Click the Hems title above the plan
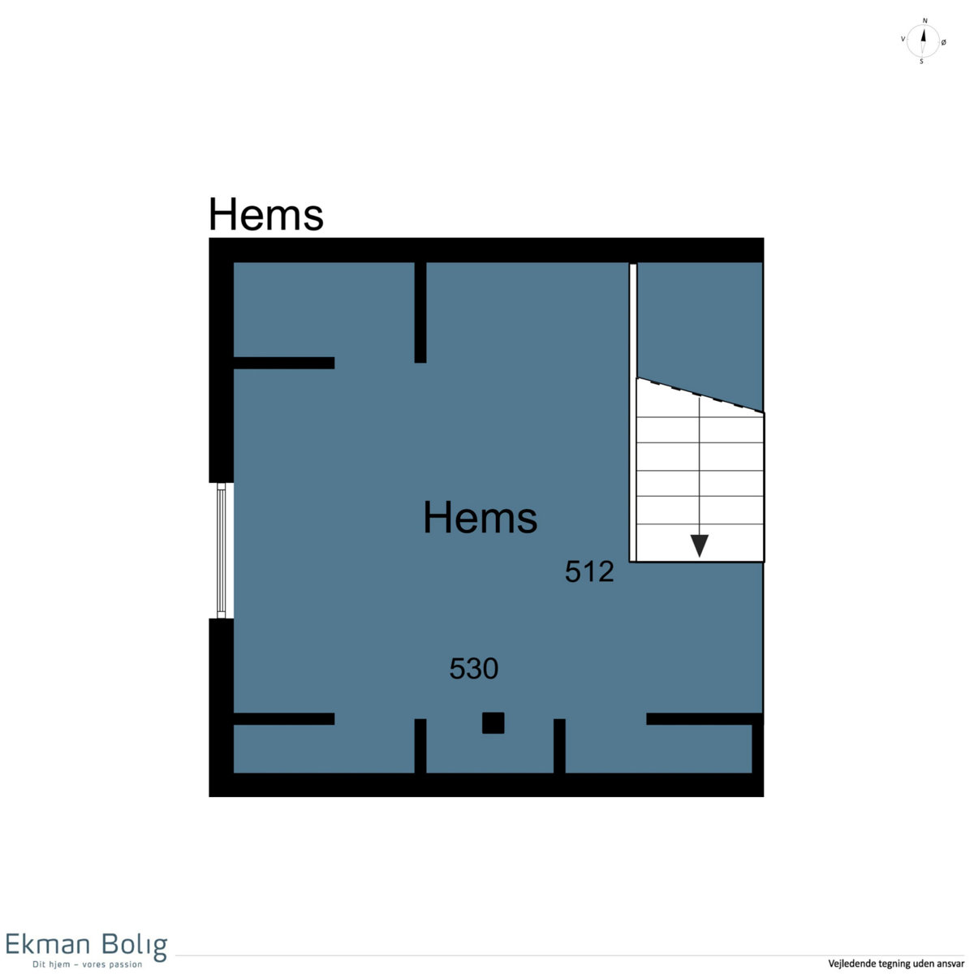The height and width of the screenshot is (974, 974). coord(266,214)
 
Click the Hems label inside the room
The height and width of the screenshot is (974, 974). coord(481,518)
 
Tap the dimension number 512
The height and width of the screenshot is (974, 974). coord(589,572)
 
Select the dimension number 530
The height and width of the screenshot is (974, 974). coord(474,669)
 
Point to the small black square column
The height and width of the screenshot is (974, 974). coord(493,723)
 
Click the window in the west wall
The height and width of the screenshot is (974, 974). coord(222,550)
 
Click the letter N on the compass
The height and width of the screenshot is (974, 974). coord(925,21)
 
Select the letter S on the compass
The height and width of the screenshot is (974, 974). coord(921,62)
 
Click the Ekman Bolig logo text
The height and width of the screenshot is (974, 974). coord(86,944)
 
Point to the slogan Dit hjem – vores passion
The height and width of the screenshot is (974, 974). coord(88,964)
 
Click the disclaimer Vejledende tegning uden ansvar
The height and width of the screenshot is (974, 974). coord(896,963)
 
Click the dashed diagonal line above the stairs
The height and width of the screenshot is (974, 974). coord(700,395)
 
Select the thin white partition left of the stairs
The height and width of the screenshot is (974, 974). coord(632,412)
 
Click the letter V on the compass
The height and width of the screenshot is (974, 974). coord(903,39)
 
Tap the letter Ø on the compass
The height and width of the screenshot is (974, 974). coord(944,42)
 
